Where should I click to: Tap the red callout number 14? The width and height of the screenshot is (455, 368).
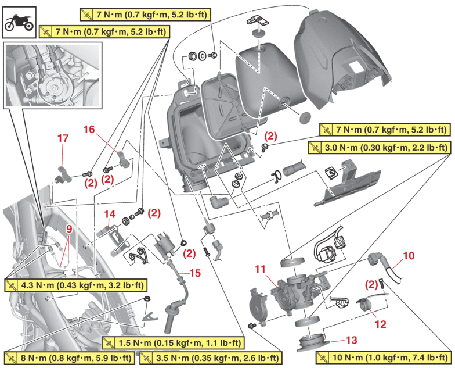pos(110,213)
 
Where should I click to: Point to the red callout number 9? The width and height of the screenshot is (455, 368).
pos(69,229)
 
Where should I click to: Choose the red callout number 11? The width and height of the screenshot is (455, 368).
pos(259,269)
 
